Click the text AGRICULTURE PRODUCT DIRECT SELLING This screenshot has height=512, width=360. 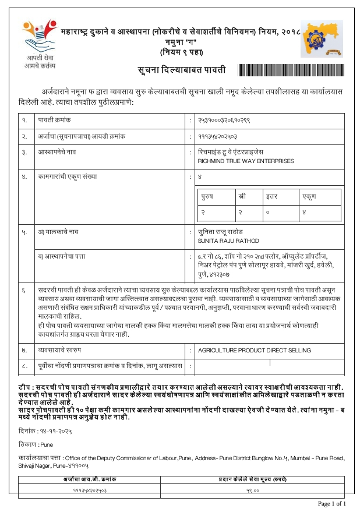click(x=254, y=351)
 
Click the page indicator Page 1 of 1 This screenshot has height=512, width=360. click(x=331, y=503)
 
